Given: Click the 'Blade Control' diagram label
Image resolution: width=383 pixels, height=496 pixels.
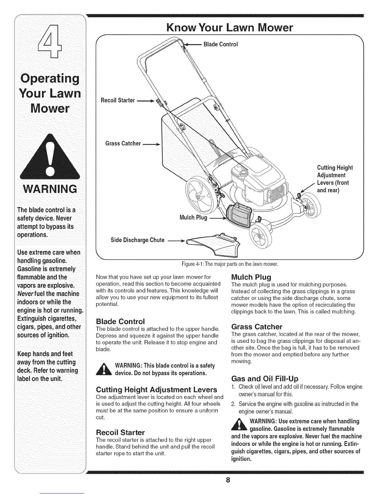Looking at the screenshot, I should (x=221, y=44).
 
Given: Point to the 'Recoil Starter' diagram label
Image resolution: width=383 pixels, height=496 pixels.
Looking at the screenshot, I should (x=118, y=101).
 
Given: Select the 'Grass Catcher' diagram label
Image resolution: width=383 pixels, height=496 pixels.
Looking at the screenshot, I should (x=123, y=143).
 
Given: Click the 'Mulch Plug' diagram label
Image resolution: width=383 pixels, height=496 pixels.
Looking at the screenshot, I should (x=193, y=218).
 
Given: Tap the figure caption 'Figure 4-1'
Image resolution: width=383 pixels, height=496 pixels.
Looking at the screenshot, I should (x=230, y=264).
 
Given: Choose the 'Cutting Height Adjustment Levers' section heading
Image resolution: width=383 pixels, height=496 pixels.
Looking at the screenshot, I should (x=156, y=390).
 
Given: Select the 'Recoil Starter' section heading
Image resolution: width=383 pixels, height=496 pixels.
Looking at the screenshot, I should (x=120, y=433).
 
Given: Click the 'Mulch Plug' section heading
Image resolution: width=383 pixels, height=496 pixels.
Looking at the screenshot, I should (x=251, y=277).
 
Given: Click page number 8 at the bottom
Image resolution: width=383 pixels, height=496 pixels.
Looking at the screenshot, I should (x=229, y=480).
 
